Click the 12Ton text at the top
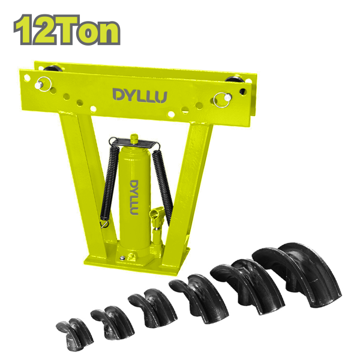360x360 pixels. tap(67, 29)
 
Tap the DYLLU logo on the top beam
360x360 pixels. tap(140, 95)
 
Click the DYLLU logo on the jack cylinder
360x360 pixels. tap(134, 197)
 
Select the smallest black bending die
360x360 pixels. tap(75, 333)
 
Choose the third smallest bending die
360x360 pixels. tap(152, 308)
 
